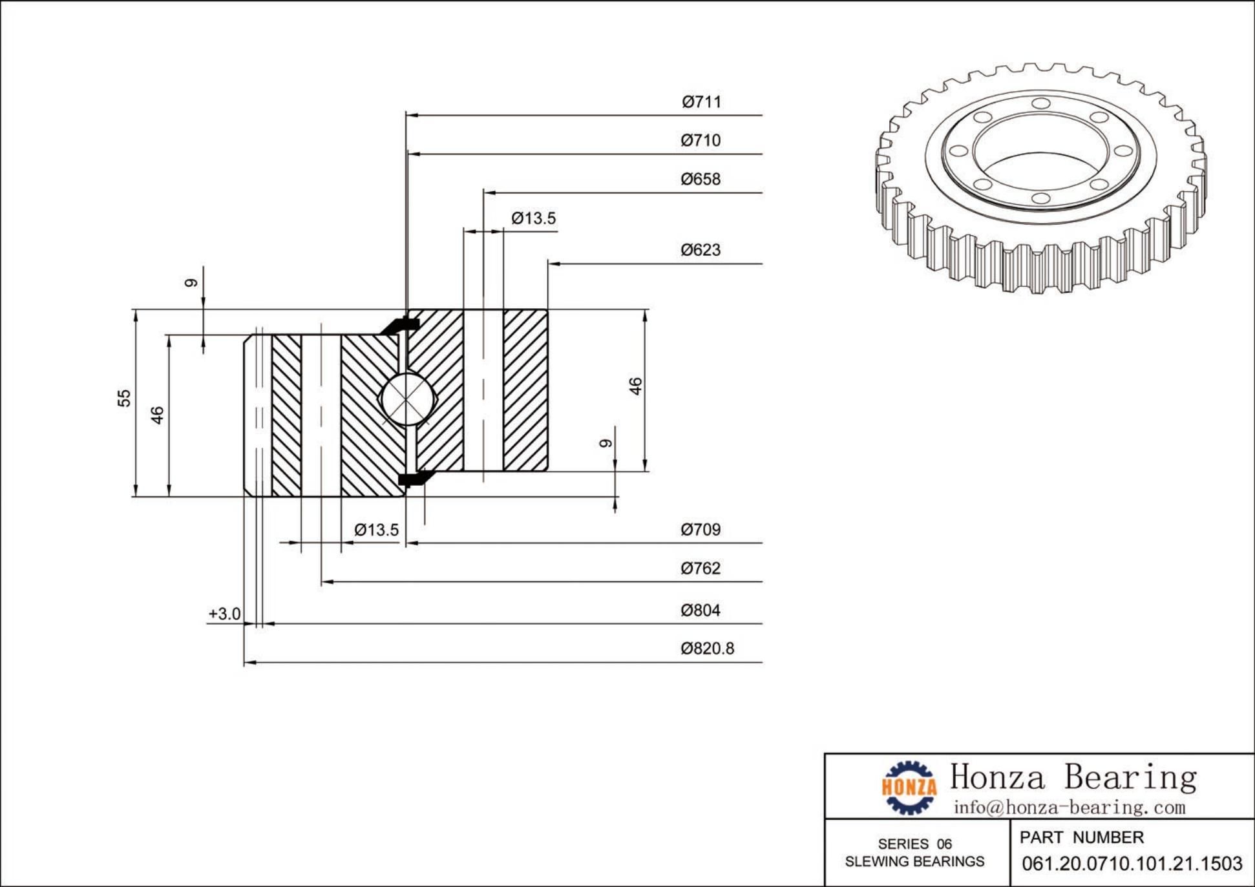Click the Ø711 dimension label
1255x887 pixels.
[x=701, y=102]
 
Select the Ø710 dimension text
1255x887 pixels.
[x=701, y=140]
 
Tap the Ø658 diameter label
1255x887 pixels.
[x=701, y=179]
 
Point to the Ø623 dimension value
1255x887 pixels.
[x=701, y=250]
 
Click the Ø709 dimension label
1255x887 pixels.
[x=701, y=530]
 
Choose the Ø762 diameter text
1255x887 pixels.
[x=701, y=569]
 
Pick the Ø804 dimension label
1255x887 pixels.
[x=701, y=610]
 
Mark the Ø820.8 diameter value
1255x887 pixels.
[x=707, y=649]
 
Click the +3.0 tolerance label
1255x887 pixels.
[x=224, y=614]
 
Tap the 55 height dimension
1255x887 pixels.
[x=123, y=398]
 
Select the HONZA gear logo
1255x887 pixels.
[x=909, y=787]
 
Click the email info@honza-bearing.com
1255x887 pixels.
[x=1070, y=808]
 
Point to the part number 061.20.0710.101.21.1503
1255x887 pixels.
[x=1132, y=864]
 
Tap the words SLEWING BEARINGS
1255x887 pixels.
[x=914, y=862]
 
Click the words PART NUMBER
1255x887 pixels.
[x=1081, y=838]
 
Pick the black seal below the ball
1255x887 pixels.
[x=411, y=478]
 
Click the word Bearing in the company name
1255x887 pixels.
[x=1130, y=777]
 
